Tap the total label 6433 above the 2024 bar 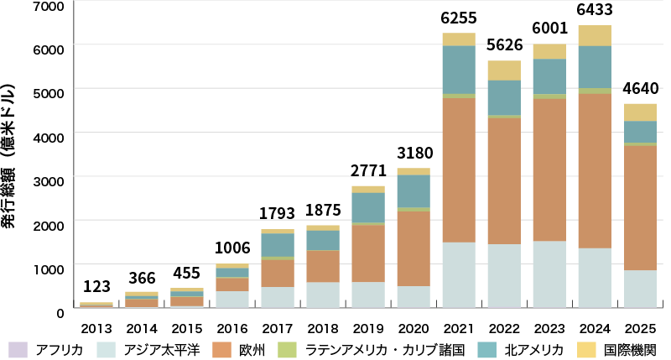(594, 12)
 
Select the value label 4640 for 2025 (640, 89)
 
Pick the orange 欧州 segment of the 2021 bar (458, 170)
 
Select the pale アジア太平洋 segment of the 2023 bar (549, 274)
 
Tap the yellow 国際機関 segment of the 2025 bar (640, 112)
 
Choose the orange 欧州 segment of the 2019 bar (367, 253)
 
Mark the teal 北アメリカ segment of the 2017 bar (277, 244)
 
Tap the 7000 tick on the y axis (52, 7)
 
